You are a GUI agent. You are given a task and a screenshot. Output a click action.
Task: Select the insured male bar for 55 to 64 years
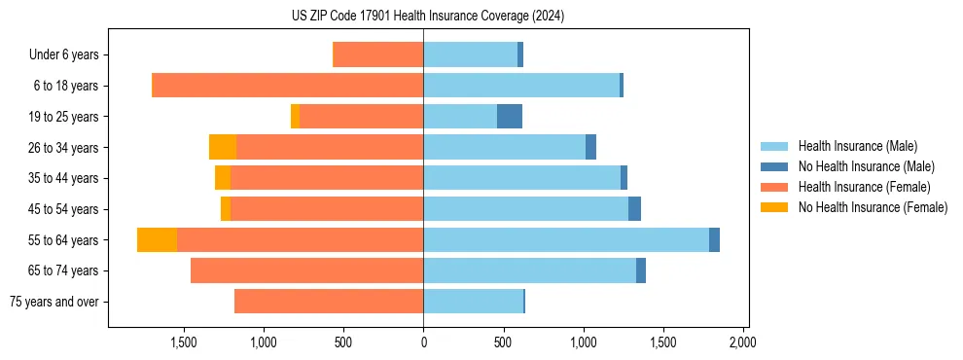click(x=566, y=239)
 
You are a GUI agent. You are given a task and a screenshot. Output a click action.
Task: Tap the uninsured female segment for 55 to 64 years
click(x=157, y=239)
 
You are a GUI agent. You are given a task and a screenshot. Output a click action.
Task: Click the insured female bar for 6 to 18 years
click(x=288, y=86)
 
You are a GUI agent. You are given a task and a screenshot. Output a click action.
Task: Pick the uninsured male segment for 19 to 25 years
click(x=510, y=117)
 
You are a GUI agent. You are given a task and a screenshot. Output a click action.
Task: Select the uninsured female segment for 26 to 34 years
click(x=223, y=147)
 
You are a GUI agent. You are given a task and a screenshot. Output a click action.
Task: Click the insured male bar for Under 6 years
click(x=470, y=54)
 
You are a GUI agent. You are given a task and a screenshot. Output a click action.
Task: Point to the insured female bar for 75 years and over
click(x=329, y=302)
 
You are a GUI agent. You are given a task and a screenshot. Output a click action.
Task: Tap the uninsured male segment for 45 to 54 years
click(x=634, y=209)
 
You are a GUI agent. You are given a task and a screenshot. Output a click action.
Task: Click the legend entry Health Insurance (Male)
click(x=857, y=146)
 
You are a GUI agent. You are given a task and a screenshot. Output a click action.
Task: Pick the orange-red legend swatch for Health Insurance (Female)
click(x=774, y=187)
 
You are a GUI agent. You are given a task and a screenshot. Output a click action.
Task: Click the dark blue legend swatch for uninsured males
click(x=774, y=166)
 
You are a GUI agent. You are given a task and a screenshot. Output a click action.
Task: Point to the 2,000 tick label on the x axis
click(x=742, y=342)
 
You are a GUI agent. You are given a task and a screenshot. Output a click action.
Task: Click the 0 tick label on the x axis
click(x=423, y=342)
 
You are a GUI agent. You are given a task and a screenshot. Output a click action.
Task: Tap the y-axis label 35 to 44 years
click(x=64, y=178)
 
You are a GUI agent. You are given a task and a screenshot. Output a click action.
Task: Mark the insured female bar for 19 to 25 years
click(x=361, y=117)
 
